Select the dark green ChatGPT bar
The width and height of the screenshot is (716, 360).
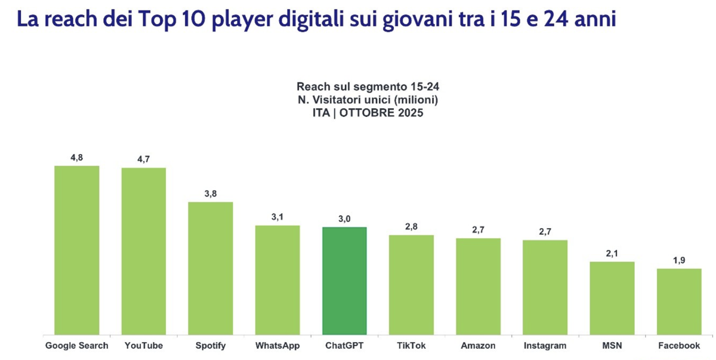[344, 281]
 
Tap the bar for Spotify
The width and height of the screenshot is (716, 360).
[211, 268]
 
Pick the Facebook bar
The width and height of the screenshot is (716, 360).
[679, 301]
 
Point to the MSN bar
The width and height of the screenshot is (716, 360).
[612, 298]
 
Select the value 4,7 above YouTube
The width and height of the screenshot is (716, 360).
[143, 159]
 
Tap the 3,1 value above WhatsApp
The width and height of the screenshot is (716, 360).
[277, 217]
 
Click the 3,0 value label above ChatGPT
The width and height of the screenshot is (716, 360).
[344, 219]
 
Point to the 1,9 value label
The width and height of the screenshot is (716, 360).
[679, 260]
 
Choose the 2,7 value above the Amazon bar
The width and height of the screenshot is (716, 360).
[479, 230]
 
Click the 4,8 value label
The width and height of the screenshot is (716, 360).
[76, 157]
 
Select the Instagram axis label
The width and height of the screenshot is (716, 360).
[545, 346]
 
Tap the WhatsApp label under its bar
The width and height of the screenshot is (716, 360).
[277, 346]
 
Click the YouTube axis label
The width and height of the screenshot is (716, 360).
[143, 346]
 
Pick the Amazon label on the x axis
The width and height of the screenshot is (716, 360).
[479, 346]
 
